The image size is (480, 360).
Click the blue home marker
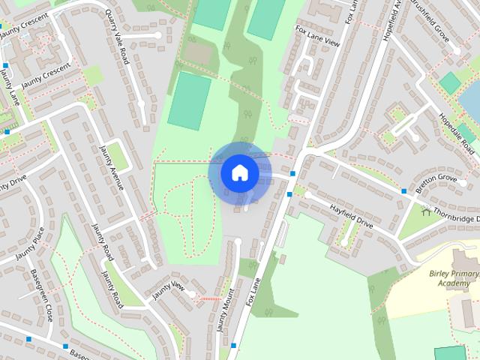coord(239,172)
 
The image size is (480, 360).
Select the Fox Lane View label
coord(318,36)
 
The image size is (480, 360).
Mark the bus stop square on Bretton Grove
coord(404,191)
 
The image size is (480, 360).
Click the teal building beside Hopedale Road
coord(449,82)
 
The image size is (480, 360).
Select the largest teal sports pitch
coord(190,101)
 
